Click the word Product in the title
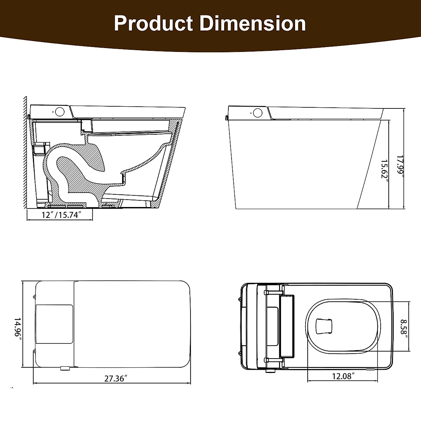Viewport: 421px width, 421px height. click(x=153, y=24)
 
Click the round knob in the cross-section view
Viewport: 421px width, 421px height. click(x=60, y=112)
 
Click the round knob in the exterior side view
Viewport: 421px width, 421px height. click(x=258, y=112)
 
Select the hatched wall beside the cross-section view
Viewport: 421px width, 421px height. click(x=25, y=154)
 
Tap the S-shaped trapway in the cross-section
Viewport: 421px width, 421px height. click(x=70, y=168)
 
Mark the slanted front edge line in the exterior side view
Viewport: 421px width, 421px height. click(x=369, y=165)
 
